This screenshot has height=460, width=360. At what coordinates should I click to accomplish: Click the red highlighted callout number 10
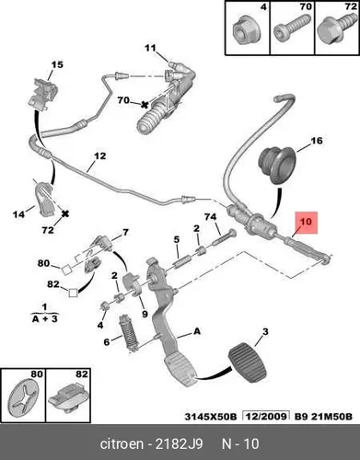(x=306, y=222)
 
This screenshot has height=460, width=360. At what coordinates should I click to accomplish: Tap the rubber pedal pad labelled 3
(x=247, y=362)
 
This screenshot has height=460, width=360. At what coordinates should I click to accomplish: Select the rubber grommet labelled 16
(x=276, y=166)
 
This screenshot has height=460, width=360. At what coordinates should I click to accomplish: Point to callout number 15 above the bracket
(x=57, y=64)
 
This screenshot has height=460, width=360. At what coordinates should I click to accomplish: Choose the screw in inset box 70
(x=289, y=30)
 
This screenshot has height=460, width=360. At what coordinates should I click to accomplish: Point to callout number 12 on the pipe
(x=99, y=156)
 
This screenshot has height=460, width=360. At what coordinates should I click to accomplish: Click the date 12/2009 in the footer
(x=266, y=417)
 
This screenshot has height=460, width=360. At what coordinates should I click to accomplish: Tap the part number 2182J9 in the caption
(x=179, y=443)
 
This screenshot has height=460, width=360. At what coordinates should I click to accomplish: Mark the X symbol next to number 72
(x=64, y=213)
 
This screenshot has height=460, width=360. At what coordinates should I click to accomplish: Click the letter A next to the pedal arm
(x=197, y=331)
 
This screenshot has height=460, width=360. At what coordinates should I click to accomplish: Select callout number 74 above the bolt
(x=211, y=217)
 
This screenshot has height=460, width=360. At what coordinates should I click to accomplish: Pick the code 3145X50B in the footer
(x=211, y=417)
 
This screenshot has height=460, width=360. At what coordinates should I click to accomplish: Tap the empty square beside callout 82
(x=73, y=293)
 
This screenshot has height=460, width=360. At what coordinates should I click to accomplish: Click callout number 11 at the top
(x=150, y=48)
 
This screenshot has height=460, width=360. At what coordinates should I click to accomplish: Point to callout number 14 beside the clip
(x=19, y=214)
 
